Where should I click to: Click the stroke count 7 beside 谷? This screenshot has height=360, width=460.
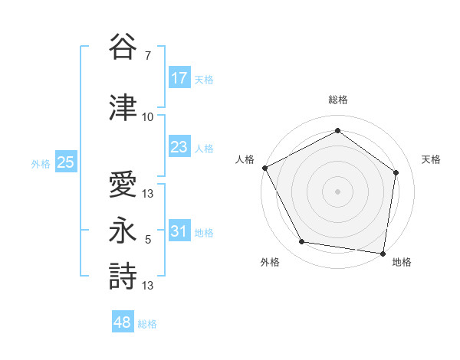coord(147,56)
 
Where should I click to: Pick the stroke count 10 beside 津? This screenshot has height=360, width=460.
coord(148,116)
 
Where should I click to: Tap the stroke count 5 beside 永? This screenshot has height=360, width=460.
coord(147,240)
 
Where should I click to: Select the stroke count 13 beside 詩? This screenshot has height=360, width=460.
coord(148,286)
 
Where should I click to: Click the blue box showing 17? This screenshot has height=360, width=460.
coord(179,77)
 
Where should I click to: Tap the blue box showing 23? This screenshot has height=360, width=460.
coord(179,147)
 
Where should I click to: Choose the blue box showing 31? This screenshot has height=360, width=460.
coord(179,231)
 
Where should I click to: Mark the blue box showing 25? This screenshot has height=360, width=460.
coord(65,162)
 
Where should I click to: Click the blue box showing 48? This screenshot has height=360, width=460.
coord(123,322)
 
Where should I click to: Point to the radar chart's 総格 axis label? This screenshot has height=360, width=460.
coord(337,100)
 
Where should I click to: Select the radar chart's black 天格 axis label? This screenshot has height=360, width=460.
coord(432,159)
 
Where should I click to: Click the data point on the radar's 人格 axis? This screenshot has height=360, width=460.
coord(264,167)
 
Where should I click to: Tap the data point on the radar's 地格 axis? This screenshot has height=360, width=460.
coord(383,253)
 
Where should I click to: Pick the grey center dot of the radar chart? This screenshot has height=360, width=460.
coord(337,191)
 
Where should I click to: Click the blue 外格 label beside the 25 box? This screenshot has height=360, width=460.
coord(41,163)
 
